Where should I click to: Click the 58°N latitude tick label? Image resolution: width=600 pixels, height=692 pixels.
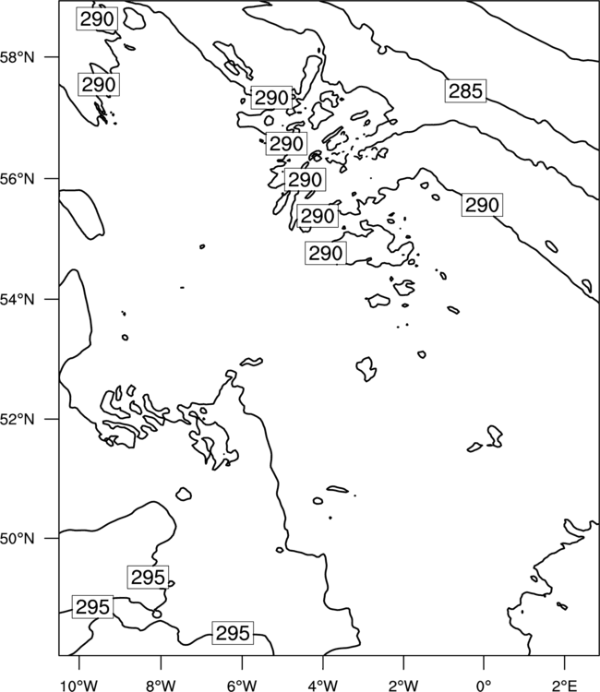click(17, 57)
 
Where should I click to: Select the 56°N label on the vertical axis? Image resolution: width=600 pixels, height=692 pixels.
click(17, 179)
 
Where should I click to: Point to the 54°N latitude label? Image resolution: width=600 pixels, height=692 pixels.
click(17, 299)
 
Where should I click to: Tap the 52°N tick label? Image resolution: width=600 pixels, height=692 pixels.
click(17, 419)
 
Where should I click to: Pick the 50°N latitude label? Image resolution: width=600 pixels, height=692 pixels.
click(17, 539)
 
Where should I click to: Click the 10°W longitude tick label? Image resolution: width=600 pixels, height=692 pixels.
click(78, 686)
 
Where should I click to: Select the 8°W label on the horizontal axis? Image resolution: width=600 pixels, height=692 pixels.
click(161, 686)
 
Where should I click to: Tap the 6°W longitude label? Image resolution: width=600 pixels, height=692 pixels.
click(242, 686)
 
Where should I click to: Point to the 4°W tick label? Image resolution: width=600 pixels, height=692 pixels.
click(323, 686)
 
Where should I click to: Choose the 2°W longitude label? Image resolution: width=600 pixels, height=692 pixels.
click(403, 686)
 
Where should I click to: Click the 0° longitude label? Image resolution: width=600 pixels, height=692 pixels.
click(484, 686)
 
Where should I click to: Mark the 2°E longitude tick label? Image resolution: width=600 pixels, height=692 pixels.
click(565, 686)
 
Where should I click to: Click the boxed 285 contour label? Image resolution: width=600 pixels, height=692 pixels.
click(465, 91)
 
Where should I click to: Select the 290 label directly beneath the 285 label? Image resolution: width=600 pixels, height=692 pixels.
click(482, 205)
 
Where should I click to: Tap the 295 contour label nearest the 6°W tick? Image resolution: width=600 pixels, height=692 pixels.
click(233, 633)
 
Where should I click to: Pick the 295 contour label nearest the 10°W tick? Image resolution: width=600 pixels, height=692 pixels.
click(92, 607)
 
